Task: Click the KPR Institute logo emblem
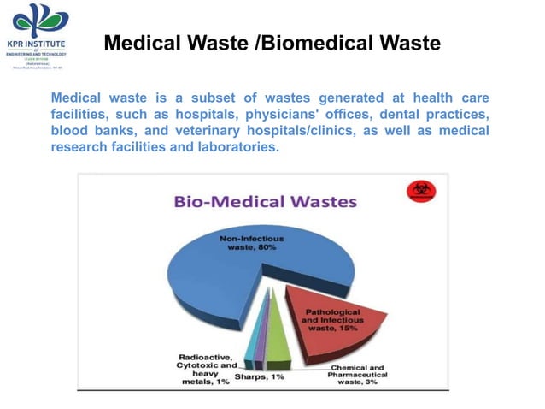pos(38,20)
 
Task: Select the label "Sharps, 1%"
pos(260,377)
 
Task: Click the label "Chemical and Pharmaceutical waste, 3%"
pos(359,374)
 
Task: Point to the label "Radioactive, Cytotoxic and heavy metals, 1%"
pos(205,368)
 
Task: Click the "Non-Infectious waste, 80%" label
pos(252,242)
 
